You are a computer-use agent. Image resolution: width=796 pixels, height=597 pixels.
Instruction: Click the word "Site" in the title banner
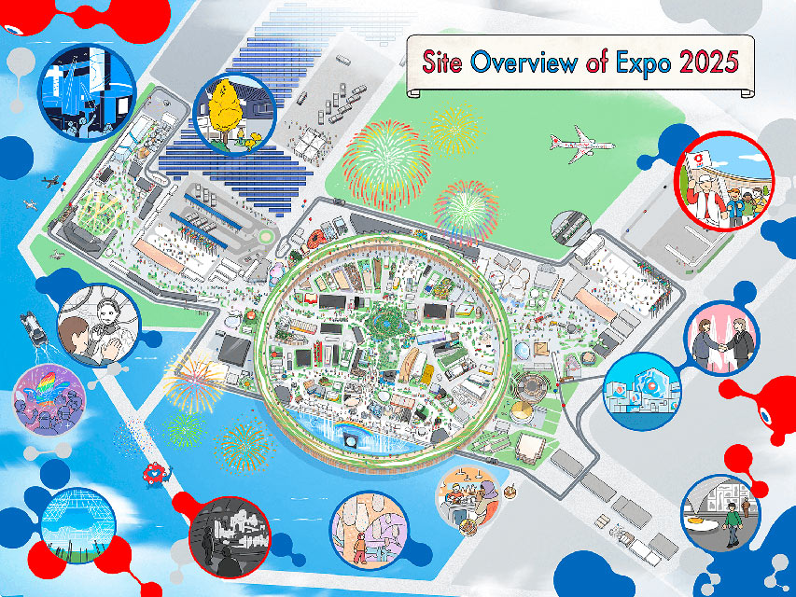444,63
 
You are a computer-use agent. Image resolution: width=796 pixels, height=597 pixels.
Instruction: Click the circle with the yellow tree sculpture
232,113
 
